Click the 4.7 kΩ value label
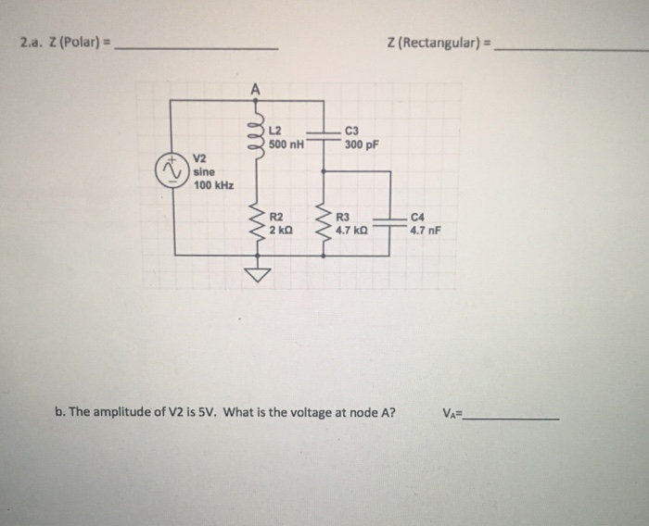pos(353,229)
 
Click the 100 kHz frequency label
pos(213,185)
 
